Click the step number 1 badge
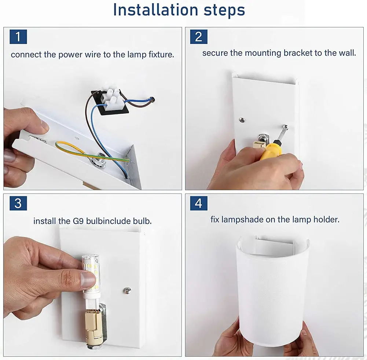pyautogui.click(x=18, y=37)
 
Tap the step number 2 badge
pyautogui.click(x=199, y=37)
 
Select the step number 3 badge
pyautogui.click(x=18, y=203)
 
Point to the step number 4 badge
pyautogui.click(x=199, y=203)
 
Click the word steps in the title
pyautogui.click(x=224, y=11)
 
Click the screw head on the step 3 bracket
pyautogui.click(x=127, y=290)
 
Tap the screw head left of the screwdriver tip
pyautogui.click(x=242, y=120)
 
